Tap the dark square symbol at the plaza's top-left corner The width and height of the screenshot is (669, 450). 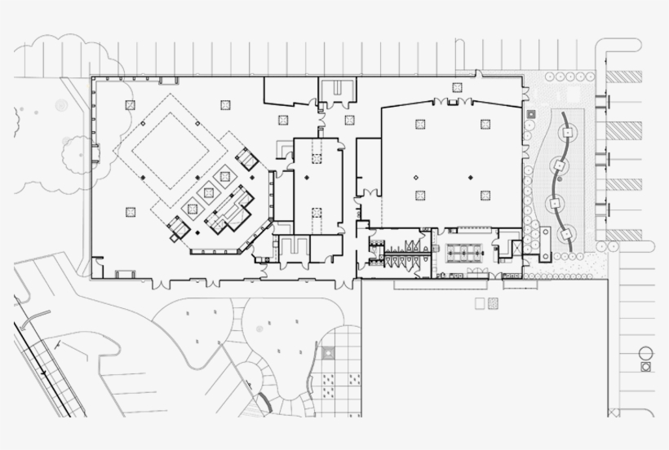(x=531, y=115)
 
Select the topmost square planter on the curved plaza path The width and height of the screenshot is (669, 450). (x=568, y=129)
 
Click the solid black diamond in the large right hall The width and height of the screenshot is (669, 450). (x=470, y=177)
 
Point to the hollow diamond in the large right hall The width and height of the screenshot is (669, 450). (x=415, y=177)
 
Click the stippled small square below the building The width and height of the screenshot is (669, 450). (x=492, y=303)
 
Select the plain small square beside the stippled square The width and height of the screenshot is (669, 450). (x=479, y=303)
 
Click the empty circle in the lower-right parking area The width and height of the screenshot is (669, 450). (x=645, y=354)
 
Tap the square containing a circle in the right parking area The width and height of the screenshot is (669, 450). (x=645, y=367)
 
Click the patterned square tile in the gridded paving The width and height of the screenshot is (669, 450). (x=327, y=353)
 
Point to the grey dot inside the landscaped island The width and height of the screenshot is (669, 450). (x=259, y=329)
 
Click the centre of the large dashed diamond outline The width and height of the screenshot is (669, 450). (x=172, y=148)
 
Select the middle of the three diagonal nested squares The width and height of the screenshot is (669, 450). (x=209, y=192)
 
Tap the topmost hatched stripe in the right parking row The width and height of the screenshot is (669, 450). (x=623, y=77)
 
